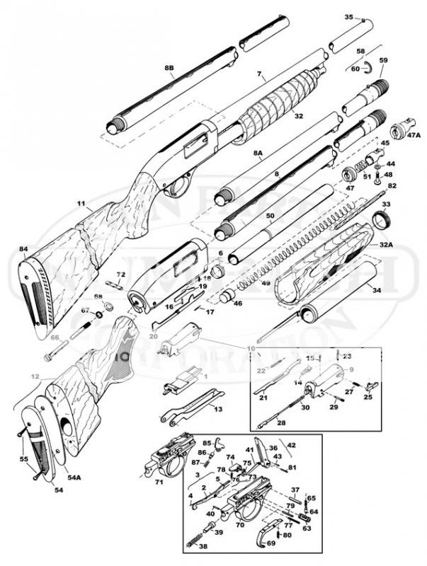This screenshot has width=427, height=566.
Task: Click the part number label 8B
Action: [x=169, y=68]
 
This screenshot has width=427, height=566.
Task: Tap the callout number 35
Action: [x=348, y=17]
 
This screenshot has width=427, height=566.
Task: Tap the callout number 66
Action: [x=55, y=339]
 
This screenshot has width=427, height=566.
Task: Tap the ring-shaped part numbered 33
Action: [x=383, y=221]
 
